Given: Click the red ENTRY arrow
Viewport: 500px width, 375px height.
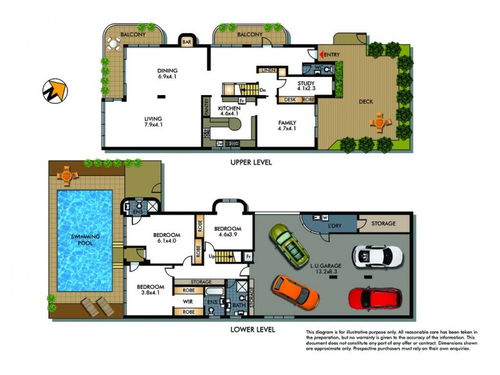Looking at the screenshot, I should (322, 55).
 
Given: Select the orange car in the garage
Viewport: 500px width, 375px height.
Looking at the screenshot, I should (296, 292).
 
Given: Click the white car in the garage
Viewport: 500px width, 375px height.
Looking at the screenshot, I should (377, 255).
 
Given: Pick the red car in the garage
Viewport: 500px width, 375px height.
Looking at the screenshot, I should (374, 298).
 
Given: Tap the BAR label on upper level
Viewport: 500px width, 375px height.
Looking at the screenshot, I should (187, 42).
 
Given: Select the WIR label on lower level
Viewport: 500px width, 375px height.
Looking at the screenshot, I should (187, 301).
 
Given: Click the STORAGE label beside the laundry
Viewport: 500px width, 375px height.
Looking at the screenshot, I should (384, 223).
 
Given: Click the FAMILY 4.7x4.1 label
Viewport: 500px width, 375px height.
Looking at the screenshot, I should (287, 125).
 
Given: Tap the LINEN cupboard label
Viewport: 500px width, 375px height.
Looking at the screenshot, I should (269, 70).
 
